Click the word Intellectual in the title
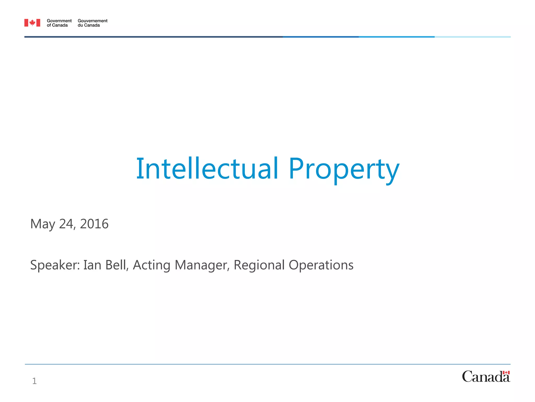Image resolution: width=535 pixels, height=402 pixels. pos(207,169)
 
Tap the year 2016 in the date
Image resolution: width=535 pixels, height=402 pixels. pos(94,224)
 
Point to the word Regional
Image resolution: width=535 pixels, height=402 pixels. pos(259,265)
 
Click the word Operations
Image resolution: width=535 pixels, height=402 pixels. pos(321,265)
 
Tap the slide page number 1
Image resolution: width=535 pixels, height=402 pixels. pos(34,381)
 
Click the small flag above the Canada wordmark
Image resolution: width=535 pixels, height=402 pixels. pos(506,372)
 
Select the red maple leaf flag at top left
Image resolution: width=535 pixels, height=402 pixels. pos(32,23)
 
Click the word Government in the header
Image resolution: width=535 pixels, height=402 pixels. pos(59,21)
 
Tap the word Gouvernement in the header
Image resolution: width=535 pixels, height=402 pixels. pos(92,21)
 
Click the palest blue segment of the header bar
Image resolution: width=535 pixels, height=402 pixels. pos(472,37)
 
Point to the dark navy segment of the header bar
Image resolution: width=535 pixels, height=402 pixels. pos(153,37)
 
